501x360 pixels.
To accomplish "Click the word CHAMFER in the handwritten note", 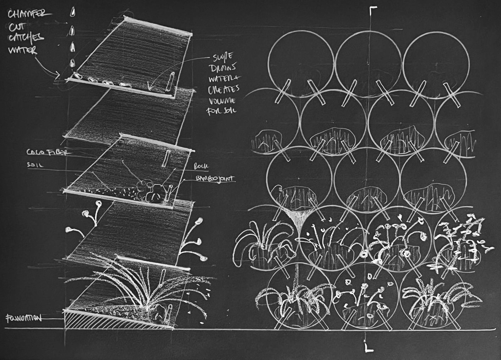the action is (x=29, y=15).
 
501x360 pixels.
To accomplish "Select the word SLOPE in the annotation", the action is (x=222, y=57).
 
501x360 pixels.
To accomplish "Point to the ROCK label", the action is (x=201, y=166).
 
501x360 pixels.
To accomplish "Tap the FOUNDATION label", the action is (x=23, y=318).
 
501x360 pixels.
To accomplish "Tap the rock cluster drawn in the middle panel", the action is (x=151, y=190).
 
